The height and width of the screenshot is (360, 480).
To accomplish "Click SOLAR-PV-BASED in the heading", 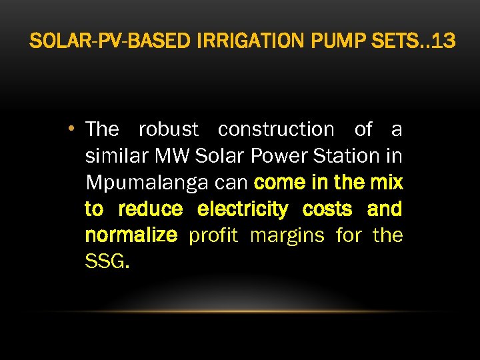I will tap(110, 41).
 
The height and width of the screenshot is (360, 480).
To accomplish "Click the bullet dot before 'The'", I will tap(79, 129).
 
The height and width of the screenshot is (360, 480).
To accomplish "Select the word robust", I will tap(168, 129).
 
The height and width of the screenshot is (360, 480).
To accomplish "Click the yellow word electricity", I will tap(243, 209).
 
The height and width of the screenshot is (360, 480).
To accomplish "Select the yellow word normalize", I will tap(131, 235).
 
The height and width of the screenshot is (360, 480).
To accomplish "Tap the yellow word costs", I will tap(327, 209).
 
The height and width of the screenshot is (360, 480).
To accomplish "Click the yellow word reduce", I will tap(150, 209).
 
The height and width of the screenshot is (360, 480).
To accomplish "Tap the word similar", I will tap(117, 155).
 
